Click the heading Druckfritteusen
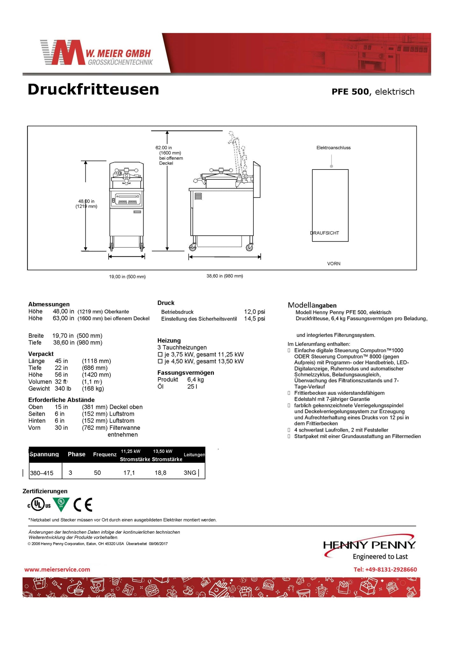point(93,89)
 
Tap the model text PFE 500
point(350,92)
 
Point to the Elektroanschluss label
point(333,148)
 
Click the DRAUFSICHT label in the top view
point(325,233)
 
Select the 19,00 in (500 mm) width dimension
point(127,277)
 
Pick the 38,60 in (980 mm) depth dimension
point(225,276)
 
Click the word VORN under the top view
point(334,264)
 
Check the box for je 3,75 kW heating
point(160,354)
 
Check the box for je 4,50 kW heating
point(160,361)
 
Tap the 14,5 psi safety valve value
point(254,319)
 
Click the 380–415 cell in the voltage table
point(42,473)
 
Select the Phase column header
point(76,454)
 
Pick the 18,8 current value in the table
point(160,473)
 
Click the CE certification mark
point(83,505)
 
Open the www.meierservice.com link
point(57,569)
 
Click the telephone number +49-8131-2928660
point(385,569)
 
